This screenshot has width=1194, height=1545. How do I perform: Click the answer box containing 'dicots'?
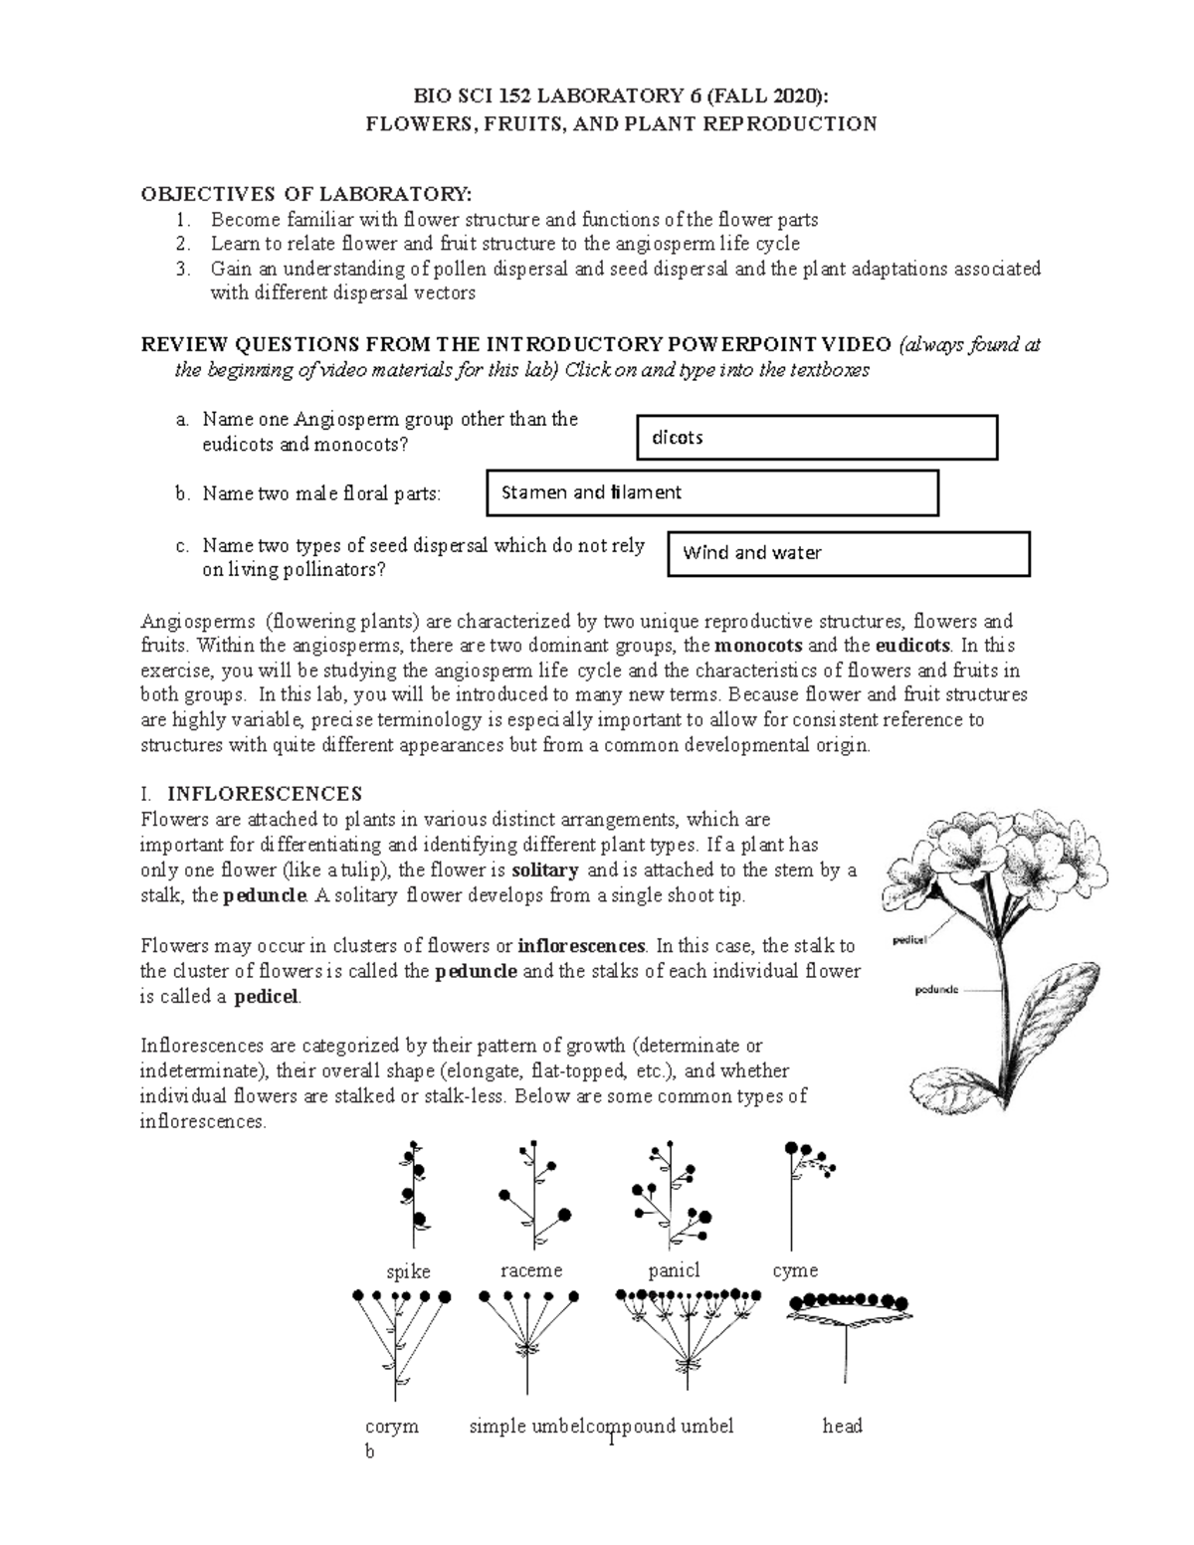coord(816,438)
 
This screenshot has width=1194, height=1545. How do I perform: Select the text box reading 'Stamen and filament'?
coord(711,492)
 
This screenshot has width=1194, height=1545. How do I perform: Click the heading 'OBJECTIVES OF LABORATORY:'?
coord(306,193)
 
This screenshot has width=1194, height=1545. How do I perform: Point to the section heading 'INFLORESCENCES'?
coord(264,794)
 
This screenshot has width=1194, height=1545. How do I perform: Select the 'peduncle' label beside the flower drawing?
coord(936,990)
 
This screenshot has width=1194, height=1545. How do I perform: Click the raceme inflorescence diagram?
coord(533,1195)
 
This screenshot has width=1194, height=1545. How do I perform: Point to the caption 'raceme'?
coord(531,1270)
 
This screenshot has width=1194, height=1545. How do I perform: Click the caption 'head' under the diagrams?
coord(842,1426)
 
